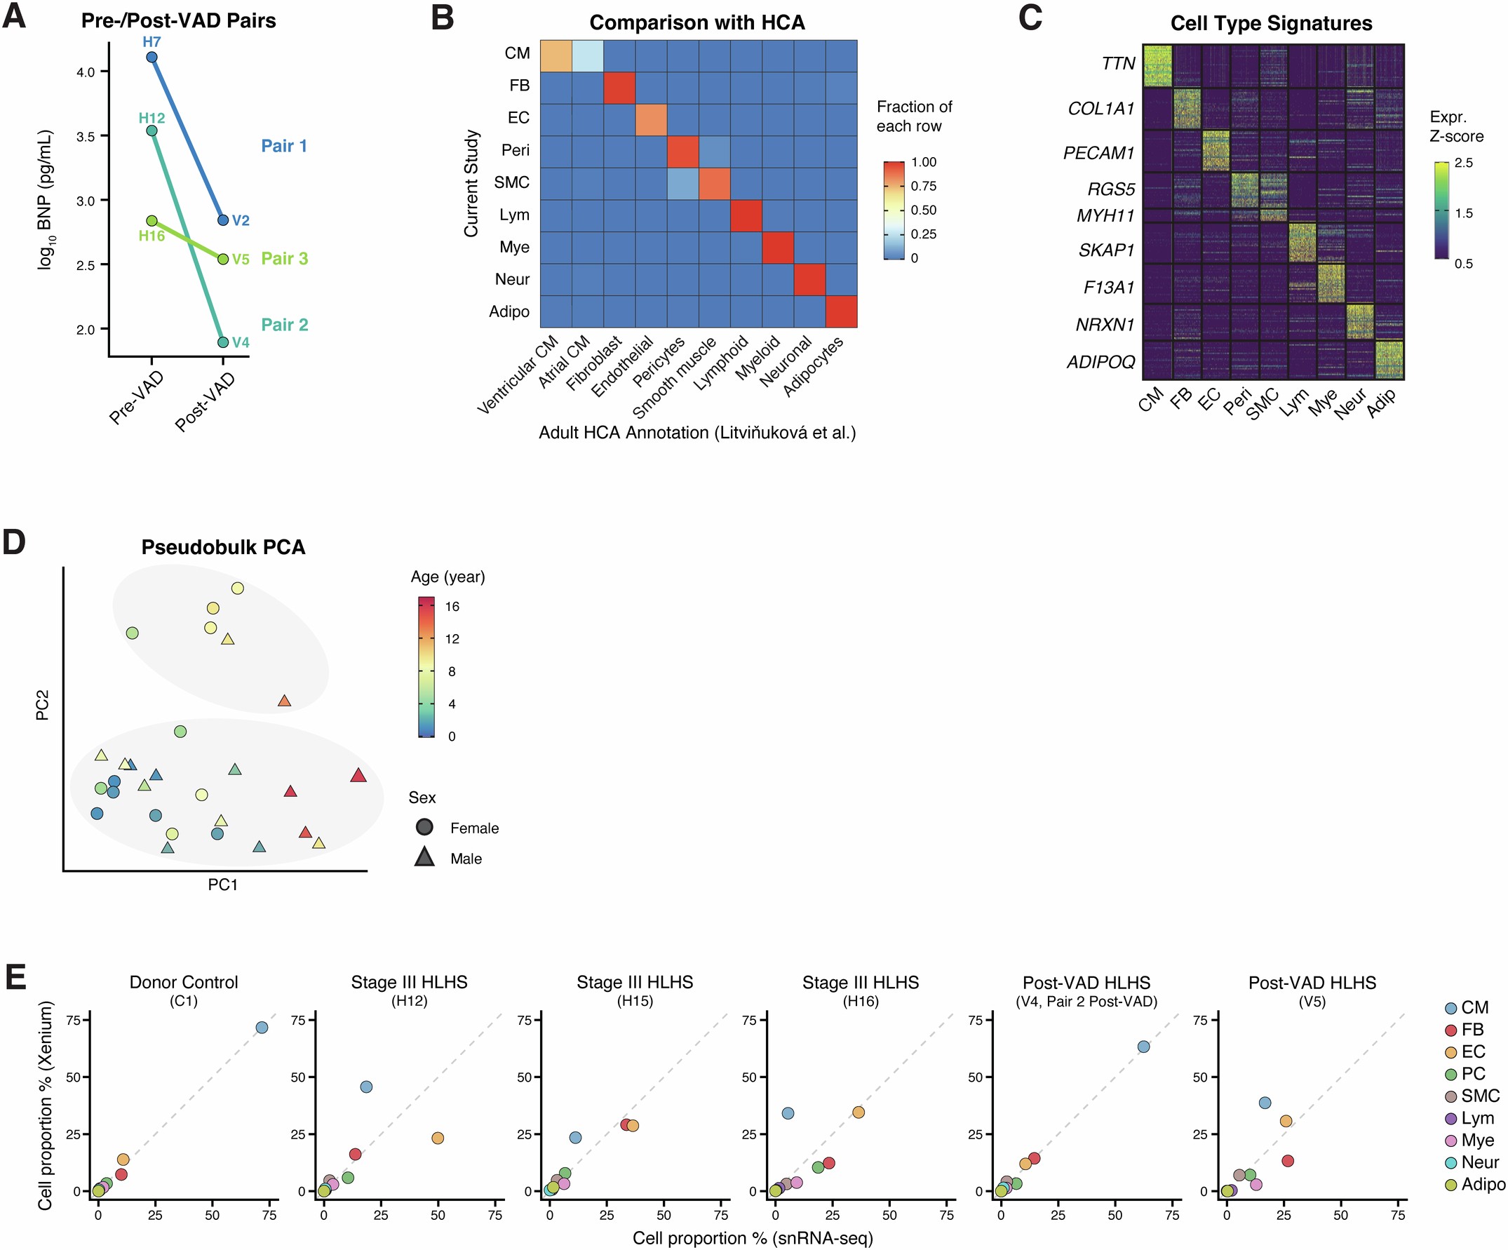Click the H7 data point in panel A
tap(152, 58)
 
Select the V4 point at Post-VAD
tap(223, 342)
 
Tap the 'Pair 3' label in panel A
tap(284, 258)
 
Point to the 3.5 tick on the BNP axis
tap(86, 136)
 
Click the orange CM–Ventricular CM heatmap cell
tap(556, 56)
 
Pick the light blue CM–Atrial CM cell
tap(587, 56)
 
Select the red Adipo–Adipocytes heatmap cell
tap(841, 311)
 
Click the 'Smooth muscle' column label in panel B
tap(675, 377)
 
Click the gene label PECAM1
tap(1098, 153)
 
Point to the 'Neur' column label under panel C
tap(1350, 405)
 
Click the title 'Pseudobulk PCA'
tap(223, 547)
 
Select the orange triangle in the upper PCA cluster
tap(284, 701)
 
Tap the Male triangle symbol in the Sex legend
tap(424, 857)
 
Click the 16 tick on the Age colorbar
tap(452, 607)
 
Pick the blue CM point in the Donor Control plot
tap(262, 1028)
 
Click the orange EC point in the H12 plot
tap(438, 1138)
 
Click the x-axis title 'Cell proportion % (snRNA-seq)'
tap(753, 1238)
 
